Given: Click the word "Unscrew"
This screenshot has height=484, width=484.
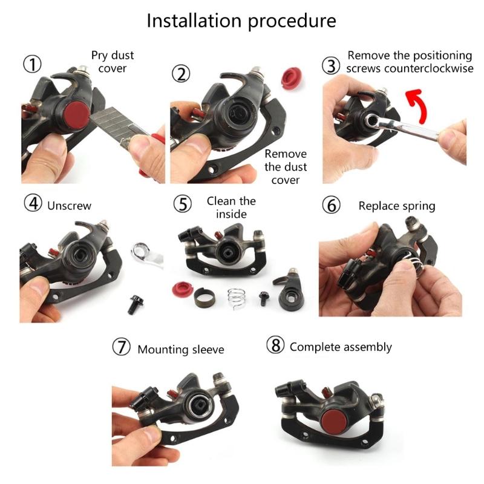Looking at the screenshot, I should pyautogui.click(x=69, y=206).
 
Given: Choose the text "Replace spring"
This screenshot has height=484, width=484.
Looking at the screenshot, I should pyautogui.click(x=396, y=206).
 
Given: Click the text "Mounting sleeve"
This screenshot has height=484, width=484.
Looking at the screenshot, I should pyautogui.click(x=180, y=349).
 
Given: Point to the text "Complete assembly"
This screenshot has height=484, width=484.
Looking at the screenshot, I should pyautogui.click(x=341, y=347).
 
